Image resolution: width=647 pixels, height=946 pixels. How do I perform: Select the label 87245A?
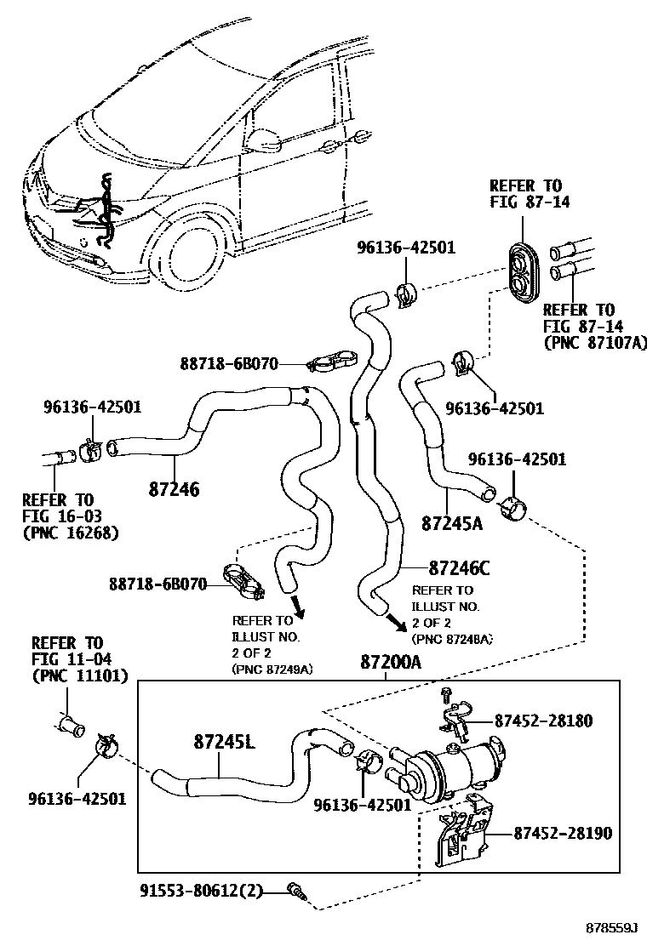451,522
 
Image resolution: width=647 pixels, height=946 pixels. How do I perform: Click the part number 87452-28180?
543,721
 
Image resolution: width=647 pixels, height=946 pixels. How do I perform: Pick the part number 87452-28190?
562,834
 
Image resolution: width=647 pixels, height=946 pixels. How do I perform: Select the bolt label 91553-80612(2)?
202,891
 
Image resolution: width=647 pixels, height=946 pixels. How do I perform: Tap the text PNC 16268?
70,533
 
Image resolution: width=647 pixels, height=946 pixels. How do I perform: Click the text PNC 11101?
80,676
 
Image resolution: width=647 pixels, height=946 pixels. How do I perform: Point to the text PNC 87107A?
595,342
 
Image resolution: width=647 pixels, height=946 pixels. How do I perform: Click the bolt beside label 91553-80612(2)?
297,891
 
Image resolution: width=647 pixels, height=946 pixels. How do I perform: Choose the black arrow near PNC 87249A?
299,609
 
